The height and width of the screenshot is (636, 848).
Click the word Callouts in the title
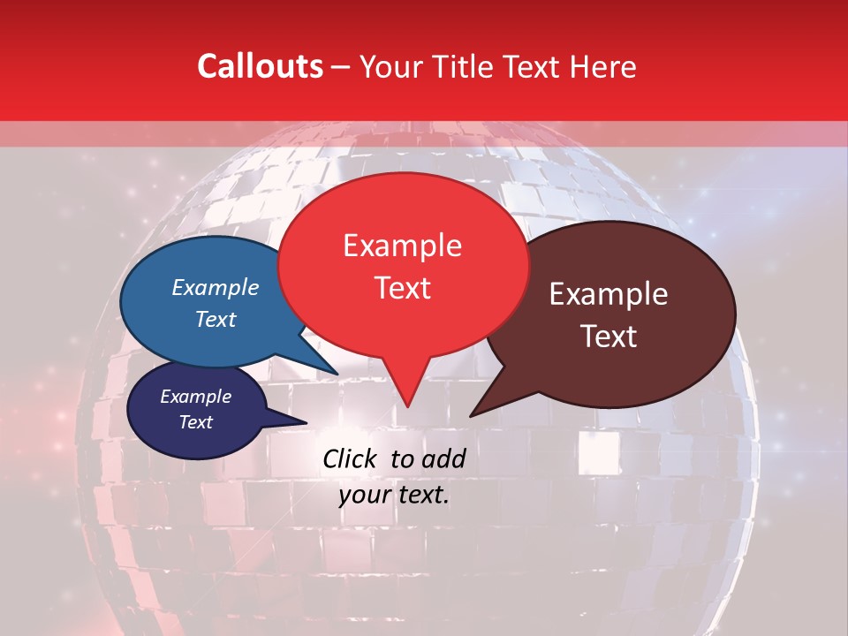click(x=260, y=66)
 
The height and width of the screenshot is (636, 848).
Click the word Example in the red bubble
click(x=402, y=246)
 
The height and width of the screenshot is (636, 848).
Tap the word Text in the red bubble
click(x=402, y=288)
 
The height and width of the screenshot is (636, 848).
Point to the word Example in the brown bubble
click(x=609, y=294)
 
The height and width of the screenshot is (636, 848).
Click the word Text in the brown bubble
click(x=609, y=337)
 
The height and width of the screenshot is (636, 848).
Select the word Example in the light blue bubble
click(x=216, y=287)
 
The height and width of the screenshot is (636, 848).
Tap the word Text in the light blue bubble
click(x=216, y=319)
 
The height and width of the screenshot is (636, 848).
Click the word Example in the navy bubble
click(x=195, y=397)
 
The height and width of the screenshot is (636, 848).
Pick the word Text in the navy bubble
click(x=195, y=422)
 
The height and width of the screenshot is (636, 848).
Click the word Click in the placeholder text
click(x=350, y=458)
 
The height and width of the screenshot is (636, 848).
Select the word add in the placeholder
click(x=443, y=458)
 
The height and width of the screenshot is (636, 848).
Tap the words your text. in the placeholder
click(x=394, y=495)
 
